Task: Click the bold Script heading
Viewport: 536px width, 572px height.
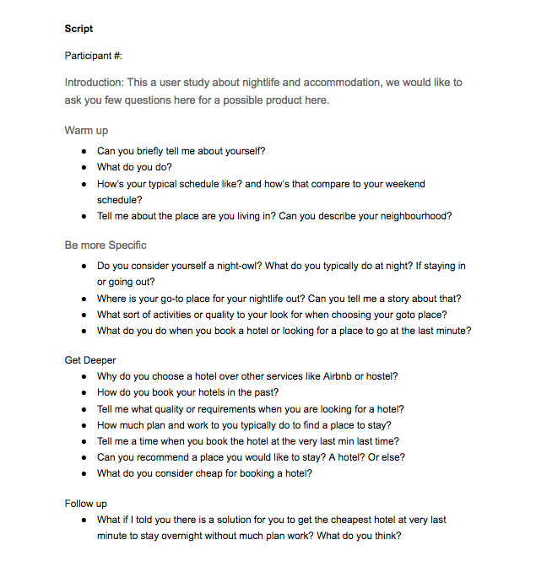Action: coord(79,29)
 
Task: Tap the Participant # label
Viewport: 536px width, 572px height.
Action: coord(94,56)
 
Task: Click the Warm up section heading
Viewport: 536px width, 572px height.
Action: coord(86,131)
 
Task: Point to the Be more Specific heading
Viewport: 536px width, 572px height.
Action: coord(106,246)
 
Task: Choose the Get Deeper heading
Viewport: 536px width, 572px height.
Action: coord(90,360)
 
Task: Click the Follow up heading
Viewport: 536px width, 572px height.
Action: coord(87,504)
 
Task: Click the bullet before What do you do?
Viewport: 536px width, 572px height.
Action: coord(84,168)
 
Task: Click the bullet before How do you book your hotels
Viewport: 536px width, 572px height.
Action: coord(84,393)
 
